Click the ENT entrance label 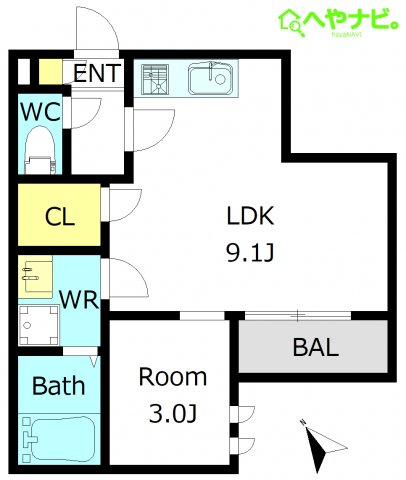(x=97, y=73)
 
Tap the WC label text (x=41, y=112)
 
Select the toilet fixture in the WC (x=40, y=150)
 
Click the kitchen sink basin (x=210, y=79)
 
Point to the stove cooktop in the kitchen (x=155, y=79)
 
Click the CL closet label (x=60, y=217)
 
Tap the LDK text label (x=250, y=216)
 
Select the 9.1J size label (x=250, y=252)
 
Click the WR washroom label (x=79, y=300)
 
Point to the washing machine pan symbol (x=39, y=325)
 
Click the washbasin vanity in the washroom (x=35, y=277)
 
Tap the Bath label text (x=59, y=386)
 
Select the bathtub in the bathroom (x=59, y=439)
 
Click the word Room (x=173, y=377)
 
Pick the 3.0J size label (x=173, y=413)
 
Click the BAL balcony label (x=316, y=347)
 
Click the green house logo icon (x=292, y=22)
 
